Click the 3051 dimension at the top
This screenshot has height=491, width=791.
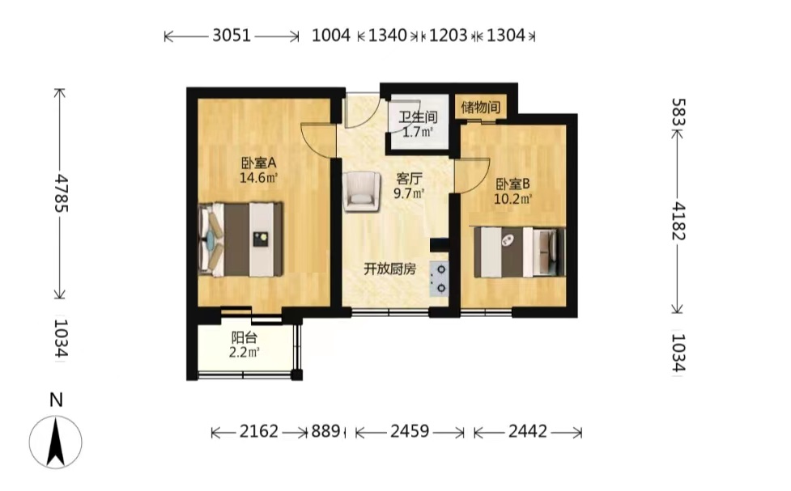[232, 36]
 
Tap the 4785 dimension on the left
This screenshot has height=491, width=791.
[62, 193]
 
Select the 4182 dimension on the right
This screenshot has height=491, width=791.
[678, 222]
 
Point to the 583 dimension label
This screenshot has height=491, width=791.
[678, 112]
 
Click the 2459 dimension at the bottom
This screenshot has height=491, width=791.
[410, 431]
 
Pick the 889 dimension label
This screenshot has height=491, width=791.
[325, 431]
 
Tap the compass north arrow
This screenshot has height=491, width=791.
[56, 442]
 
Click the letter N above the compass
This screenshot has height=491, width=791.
[56, 400]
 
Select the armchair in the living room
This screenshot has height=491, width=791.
[361, 192]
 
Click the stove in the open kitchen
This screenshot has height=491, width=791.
[438, 279]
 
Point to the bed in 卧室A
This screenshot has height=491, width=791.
[240, 239]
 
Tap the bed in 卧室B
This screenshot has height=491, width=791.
[519, 252]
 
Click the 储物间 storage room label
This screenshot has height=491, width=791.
[481, 107]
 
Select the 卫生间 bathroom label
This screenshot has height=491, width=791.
[418, 117]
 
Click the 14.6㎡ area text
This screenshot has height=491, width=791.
[258, 178]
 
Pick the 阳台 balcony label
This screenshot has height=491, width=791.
[245, 338]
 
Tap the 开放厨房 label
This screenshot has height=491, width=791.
[390, 269]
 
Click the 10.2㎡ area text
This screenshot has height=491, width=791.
[512, 199]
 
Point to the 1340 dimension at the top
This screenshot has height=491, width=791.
[388, 36]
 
